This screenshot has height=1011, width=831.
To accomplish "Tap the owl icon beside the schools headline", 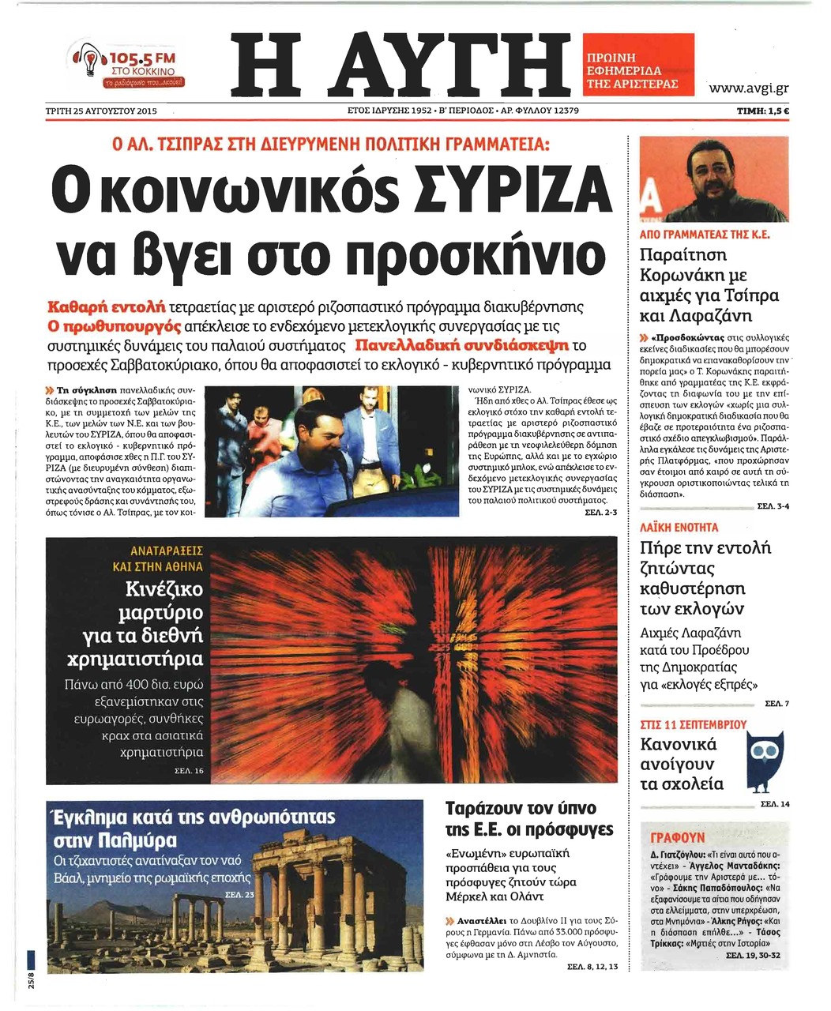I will pos(764,759).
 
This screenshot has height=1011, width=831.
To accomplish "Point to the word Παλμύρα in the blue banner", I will pos(138,839).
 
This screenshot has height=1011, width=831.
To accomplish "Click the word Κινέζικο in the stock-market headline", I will pos(164,589).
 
